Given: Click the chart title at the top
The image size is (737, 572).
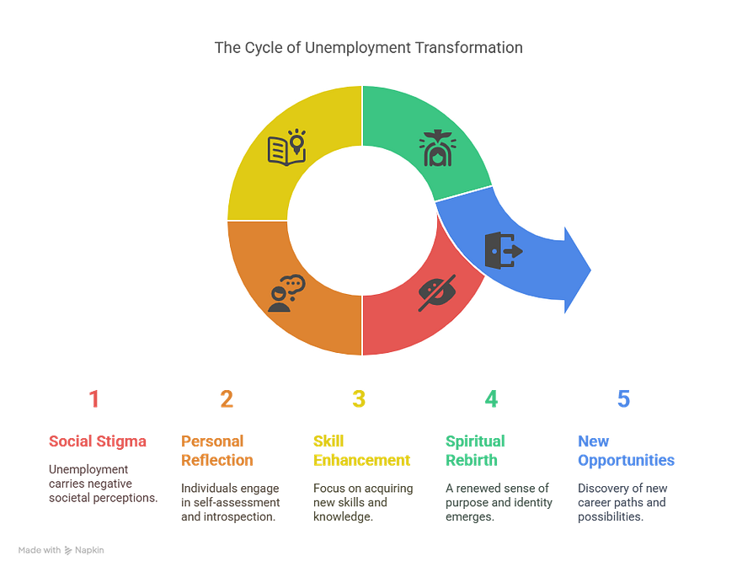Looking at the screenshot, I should (368, 48).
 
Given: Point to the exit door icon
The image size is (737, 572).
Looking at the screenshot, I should (504, 250).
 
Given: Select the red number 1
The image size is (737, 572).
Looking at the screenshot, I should (93, 398).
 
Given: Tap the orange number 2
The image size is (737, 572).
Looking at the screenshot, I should (226, 398).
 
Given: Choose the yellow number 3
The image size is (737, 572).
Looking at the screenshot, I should (359, 398).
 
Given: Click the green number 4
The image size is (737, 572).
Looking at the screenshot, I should (491, 398).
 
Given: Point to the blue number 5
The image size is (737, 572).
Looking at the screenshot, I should (623, 398).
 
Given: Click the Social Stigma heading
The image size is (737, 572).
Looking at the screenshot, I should (99, 441).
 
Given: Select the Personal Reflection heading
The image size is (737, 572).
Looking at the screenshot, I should (217, 451).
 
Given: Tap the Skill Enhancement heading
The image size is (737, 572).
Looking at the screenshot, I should (360, 451).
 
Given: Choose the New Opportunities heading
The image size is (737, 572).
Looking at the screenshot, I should (625, 451).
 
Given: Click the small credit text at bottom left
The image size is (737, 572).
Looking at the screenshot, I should (61, 550).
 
